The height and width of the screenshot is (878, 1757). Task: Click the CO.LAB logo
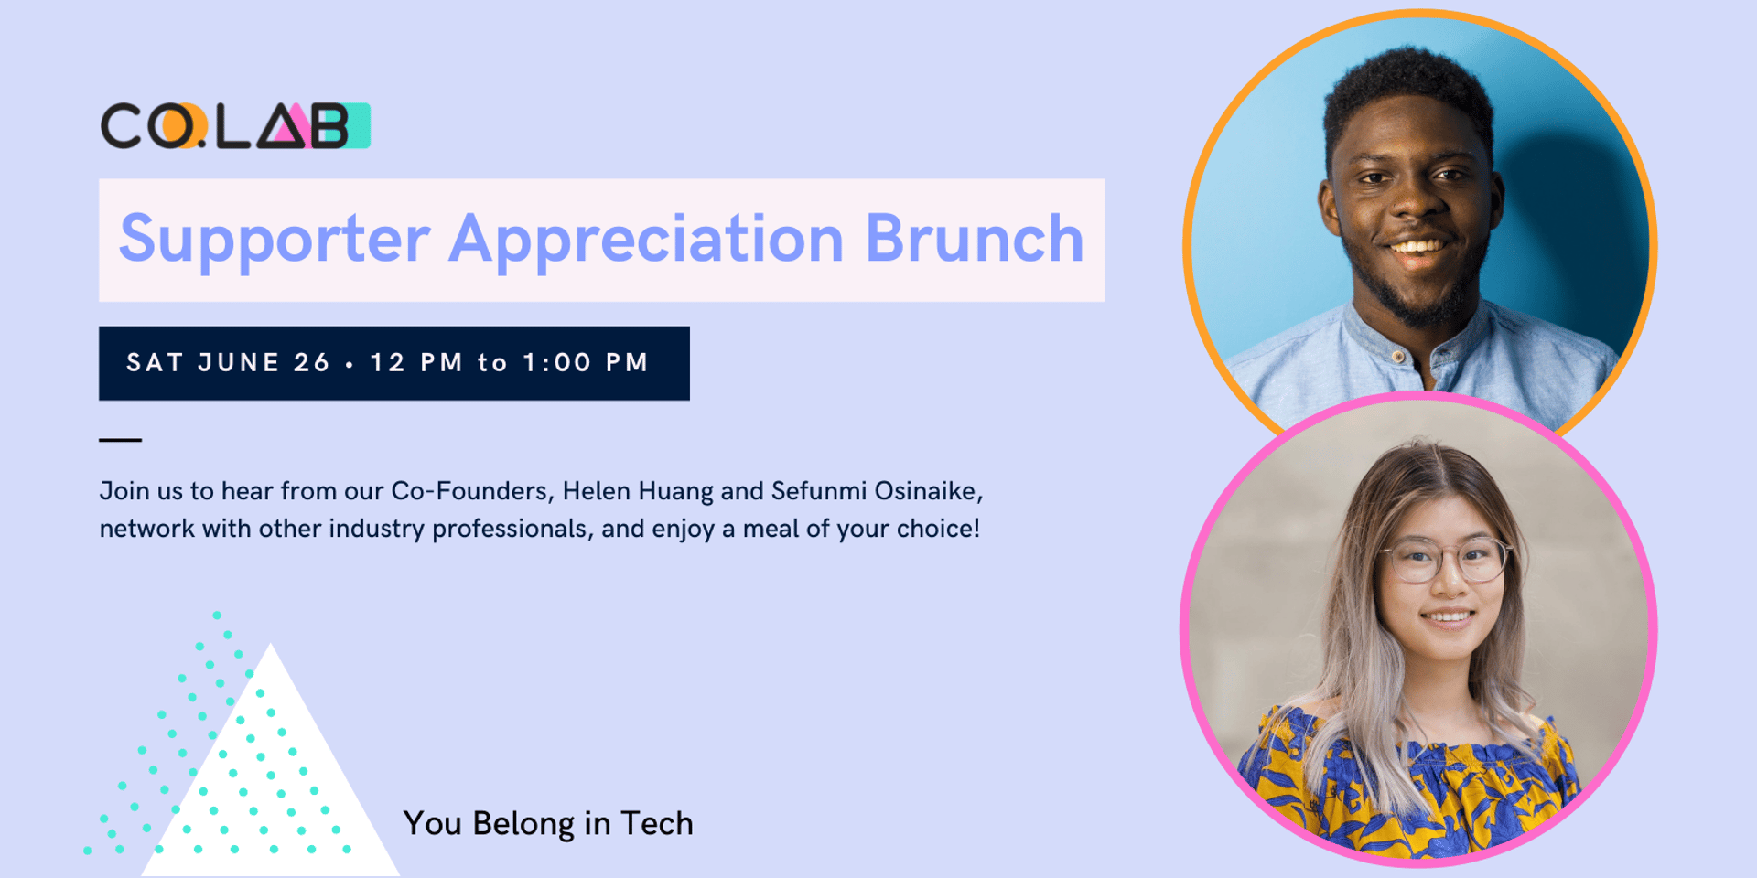235,125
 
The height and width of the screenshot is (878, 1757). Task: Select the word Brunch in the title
975,238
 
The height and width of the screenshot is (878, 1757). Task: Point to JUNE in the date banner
239,363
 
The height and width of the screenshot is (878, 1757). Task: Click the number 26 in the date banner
312,363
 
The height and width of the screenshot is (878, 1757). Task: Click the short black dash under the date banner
120,440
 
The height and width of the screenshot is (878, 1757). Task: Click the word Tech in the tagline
657,823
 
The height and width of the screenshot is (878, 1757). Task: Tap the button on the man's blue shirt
1397,356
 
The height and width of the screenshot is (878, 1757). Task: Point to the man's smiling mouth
1417,248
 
